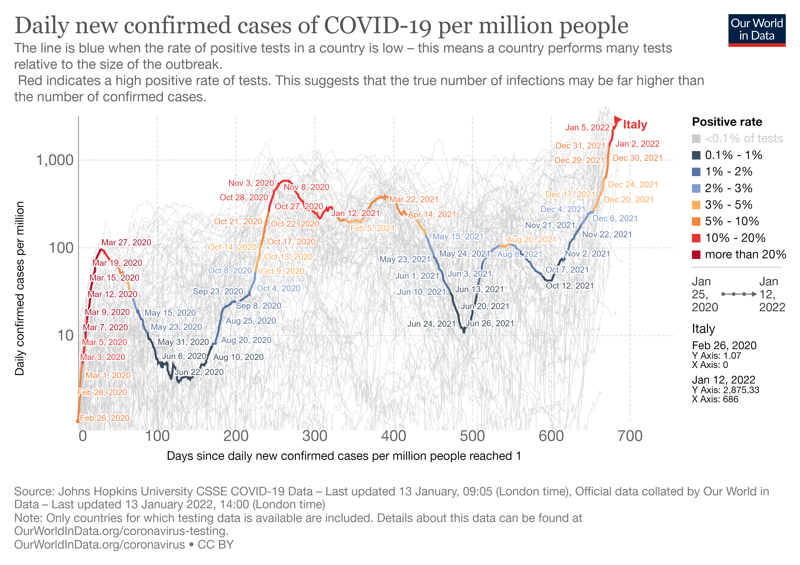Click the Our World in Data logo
pos(756,30)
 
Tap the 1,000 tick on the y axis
pos(55,160)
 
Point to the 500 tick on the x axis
pos(472,436)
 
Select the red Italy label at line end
pos(635,125)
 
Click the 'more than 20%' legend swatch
pos(696,255)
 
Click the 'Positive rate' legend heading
pos(727,122)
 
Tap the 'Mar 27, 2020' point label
pos(126,242)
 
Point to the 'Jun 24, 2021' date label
pos(431,324)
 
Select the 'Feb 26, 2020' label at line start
pos(104,418)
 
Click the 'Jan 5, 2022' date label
pos(587,128)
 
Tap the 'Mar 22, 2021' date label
pos(414,199)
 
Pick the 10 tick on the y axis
pos(65,336)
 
